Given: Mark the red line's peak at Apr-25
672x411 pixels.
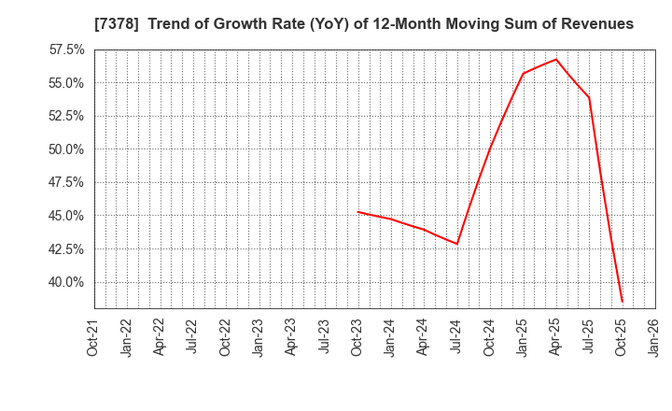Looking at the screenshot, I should click(x=556, y=59).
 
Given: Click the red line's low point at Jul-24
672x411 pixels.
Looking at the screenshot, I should click(x=457, y=244).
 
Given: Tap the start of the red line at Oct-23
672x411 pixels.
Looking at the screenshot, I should click(x=357, y=211).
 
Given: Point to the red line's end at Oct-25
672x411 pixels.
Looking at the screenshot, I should click(x=622, y=302).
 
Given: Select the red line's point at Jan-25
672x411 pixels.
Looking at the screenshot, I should click(x=523, y=74).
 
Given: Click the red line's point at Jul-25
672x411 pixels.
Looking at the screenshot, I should click(x=589, y=97).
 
